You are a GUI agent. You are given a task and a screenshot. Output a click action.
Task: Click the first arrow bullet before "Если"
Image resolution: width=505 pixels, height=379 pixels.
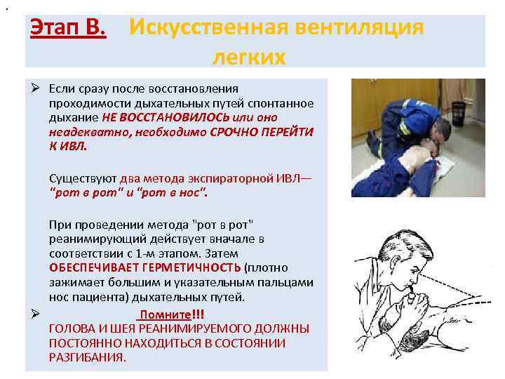[x=34, y=88]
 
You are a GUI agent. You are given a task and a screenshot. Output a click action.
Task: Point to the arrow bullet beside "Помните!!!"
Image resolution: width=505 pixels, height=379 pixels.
[x=34, y=314]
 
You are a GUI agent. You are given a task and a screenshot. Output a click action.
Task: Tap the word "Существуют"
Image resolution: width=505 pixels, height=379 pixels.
[x=83, y=178]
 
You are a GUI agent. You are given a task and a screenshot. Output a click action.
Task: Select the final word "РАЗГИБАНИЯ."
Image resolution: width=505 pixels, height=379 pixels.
[x=88, y=357]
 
